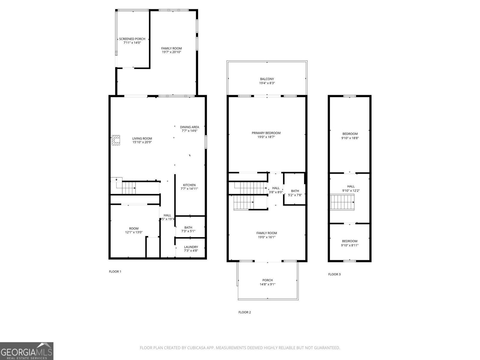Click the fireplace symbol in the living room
116,140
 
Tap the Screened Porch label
132,39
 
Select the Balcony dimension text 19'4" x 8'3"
267,83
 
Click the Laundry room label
191,247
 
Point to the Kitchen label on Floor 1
189,185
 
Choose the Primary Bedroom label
266,133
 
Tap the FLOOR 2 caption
244,312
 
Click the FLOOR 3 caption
334,274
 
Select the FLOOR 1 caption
115,271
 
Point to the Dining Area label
189,127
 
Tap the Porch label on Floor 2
267,280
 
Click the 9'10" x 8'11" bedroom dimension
349,245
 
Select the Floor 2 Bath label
295,191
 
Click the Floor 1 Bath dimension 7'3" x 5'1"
188,231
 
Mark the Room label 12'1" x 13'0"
134,229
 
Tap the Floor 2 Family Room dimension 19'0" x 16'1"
266,237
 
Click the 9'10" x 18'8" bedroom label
350,134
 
